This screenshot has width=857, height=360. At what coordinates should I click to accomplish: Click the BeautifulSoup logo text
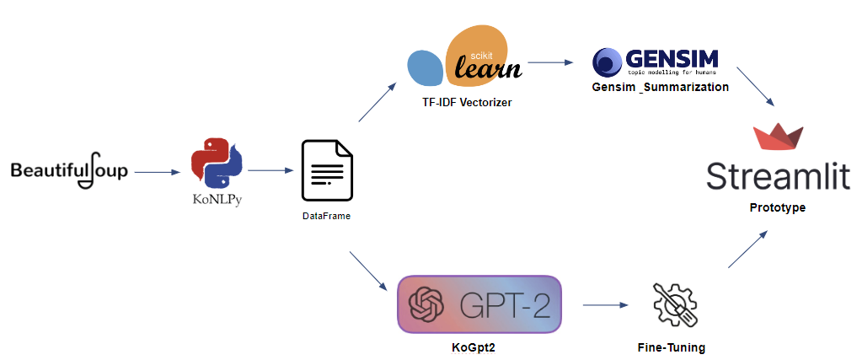pyautogui.click(x=69, y=172)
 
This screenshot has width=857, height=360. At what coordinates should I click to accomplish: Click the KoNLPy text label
pyautogui.click(x=216, y=202)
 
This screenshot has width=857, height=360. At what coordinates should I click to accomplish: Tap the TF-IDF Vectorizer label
pyautogui.click(x=467, y=102)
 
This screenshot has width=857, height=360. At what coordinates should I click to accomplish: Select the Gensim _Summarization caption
pyautogui.click(x=660, y=87)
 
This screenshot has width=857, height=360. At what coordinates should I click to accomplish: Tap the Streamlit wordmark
pyautogui.click(x=778, y=178)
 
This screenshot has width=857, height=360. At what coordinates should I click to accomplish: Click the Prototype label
pyautogui.click(x=778, y=207)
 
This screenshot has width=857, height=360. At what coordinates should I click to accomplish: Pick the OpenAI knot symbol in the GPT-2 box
pyautogui.click(x=426, y=304)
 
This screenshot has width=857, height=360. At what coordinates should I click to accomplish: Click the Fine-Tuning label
pyautogui.click(x=672, y=347)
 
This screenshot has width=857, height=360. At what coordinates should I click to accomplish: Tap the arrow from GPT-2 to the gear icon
pyautogui.click(x=606, y=304)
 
